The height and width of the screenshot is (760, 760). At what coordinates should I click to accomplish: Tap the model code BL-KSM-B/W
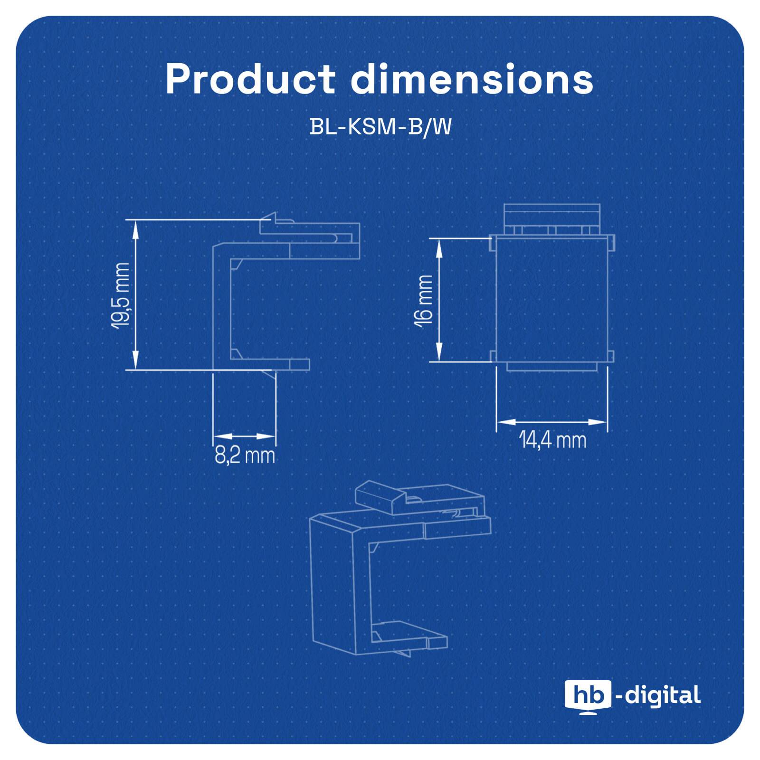(x=380, y=127)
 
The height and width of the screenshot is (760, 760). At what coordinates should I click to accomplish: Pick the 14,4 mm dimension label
(x=552, y=440)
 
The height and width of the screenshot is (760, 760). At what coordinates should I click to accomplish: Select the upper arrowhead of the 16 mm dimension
(x=440, y=246)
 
